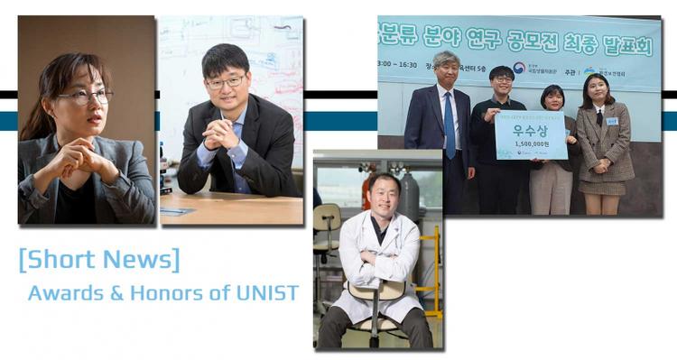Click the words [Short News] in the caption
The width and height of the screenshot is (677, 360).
(98, 260)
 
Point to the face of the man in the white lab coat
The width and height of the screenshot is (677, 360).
(384, 193)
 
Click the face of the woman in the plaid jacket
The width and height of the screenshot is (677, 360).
(598, 91)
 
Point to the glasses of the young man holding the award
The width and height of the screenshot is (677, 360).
(503, 79)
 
